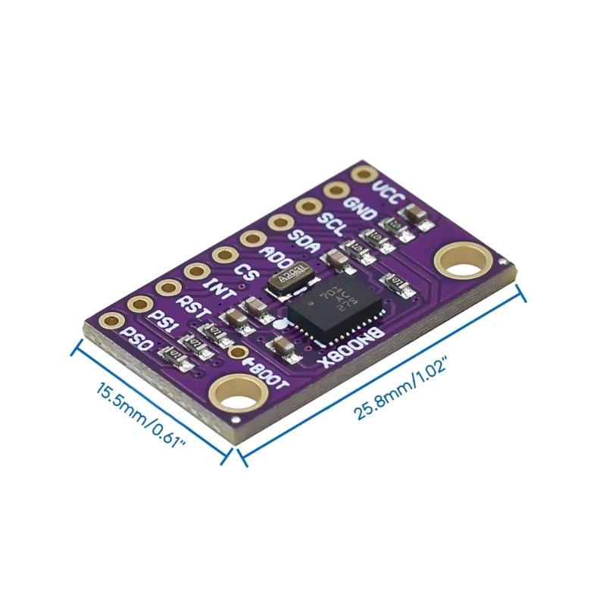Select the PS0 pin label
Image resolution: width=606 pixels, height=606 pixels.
pos(137,340)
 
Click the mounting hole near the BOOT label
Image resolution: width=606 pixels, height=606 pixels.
pos(241,395)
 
